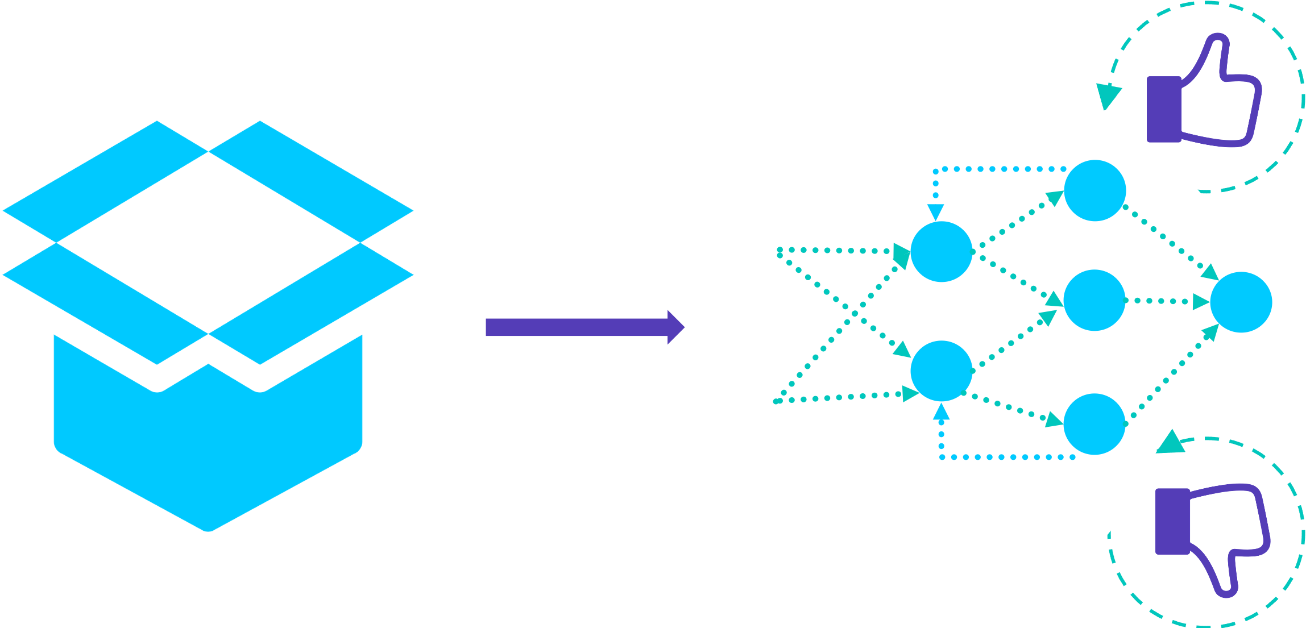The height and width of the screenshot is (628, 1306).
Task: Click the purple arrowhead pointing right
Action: tap(675, 327)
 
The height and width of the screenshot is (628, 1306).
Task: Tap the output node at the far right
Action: tap(1241, 302)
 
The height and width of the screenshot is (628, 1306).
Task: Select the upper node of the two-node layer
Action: tap(941, 252)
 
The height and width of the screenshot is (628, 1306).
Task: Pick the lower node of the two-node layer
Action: tap(941, 371)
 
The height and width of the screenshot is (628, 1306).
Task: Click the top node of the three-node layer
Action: tap(1094, 190)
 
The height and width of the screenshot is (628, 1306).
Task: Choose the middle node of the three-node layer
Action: tap(1094, 300)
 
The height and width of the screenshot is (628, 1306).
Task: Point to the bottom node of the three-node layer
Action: tap(1094, 424)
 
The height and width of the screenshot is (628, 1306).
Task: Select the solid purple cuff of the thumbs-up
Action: tap(1164, 109)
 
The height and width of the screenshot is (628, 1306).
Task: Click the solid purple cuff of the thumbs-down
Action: tap(1172, 521)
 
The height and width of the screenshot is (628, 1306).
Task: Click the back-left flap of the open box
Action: tap(105, 182)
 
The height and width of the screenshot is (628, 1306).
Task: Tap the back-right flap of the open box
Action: tap(312, 182)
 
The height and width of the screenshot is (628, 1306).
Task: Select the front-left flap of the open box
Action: tap(105, 304)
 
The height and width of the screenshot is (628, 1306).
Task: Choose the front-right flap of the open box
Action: tap(312, 304)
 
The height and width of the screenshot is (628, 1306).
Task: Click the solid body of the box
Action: tap(208, 449)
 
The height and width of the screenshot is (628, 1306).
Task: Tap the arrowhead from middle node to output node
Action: tap(1200, 302)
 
